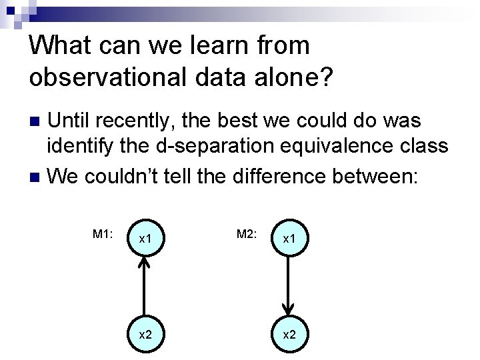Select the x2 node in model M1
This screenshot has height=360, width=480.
click(x=145, y=333)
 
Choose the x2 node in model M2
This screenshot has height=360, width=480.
click(x=289, y=333)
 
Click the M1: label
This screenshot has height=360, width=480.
click(x=103, y=234)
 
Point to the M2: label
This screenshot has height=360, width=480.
click(x=247, y=234)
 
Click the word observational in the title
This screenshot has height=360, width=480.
click(x=103, y=77)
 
